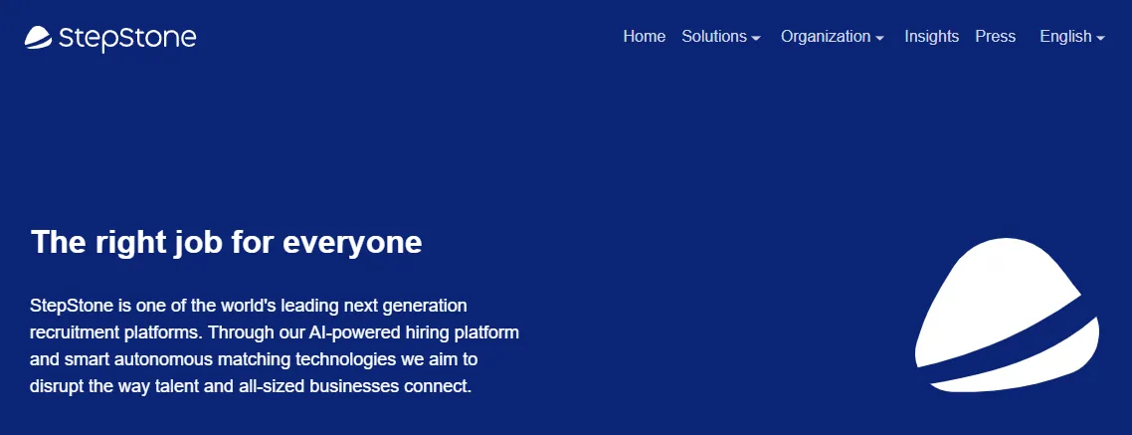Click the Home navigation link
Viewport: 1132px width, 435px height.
coord(644,36)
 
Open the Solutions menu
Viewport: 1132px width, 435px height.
coord(720,36)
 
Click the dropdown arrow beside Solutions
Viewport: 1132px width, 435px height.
coord(756,38)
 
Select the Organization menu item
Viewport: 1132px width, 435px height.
coord(833,36)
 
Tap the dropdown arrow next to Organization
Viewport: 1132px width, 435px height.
coord(879,38)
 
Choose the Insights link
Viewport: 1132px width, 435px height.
coord(931,36)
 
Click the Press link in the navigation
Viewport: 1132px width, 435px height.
coord(995,36)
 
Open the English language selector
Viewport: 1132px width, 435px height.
coord(1072,36)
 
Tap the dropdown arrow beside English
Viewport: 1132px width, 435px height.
coord(1100,38)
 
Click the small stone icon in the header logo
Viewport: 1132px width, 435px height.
coord(38,38)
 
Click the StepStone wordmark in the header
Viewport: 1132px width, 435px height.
coord(127,38)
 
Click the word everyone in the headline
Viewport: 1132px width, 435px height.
coord(351,242)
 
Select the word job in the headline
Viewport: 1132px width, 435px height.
coord(199,244)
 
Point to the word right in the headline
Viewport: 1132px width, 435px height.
coord(130,244)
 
